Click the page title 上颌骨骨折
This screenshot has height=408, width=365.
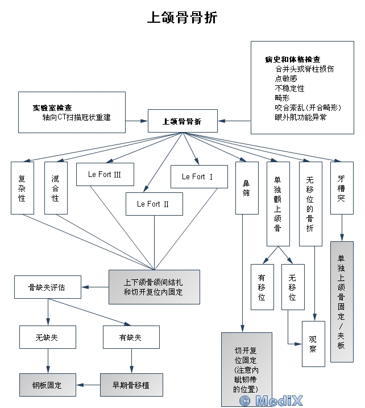[x=182, y=18]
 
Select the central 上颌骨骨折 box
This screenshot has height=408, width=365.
[x=182, y=121]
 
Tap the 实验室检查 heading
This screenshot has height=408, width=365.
[x=52, y=108]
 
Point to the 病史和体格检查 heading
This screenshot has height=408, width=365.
[x=292, y=59]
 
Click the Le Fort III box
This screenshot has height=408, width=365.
[x=105, y=174]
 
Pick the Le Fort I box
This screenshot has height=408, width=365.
[x=197, y=177]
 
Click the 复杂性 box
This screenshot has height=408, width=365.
[x=22, y=188]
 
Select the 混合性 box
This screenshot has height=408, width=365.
[x=55, y=188]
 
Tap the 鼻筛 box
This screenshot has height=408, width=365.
[x=246, y=188]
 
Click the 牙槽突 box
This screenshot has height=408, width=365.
[x=341, y=188]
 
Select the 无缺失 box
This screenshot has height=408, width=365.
[x=47, y=337]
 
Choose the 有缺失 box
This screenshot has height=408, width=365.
[x=131, y=337]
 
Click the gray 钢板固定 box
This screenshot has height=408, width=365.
[x=47, y=385]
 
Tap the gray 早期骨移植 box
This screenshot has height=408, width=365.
[x=132, y=385]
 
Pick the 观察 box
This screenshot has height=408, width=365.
[x=313, y=344]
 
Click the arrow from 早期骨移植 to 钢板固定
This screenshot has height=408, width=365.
[x=88, y=385]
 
